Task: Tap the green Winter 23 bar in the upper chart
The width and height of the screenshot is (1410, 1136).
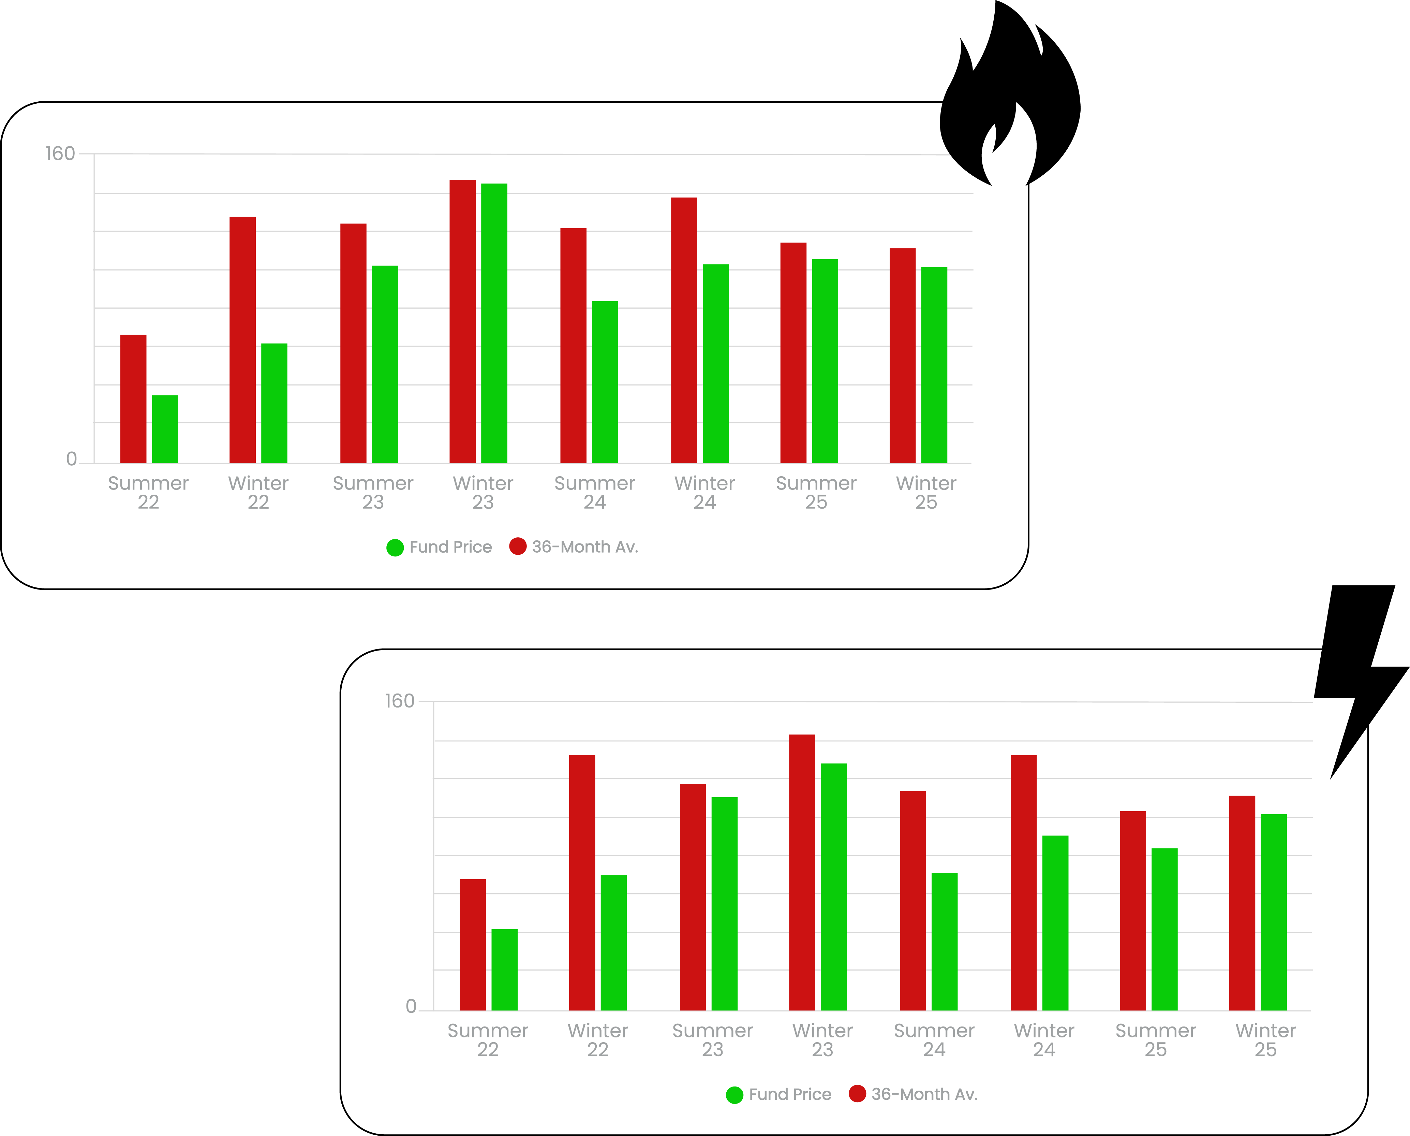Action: pyautogui.click(x=494, y=323)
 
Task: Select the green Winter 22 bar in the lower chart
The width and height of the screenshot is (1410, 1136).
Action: pyautogui.click(x=613, y=942)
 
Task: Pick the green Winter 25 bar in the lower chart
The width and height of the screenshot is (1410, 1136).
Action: pyautogui.click(x=1273, y=912)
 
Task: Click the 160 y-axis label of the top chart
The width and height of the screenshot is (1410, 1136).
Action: pyautogui.click(x=60, y=154)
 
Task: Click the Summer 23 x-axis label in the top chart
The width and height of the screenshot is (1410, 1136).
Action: pyautogui.click(x=373, y=493)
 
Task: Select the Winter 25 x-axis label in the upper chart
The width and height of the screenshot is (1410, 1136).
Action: pyautogui.click(x=925, y=493)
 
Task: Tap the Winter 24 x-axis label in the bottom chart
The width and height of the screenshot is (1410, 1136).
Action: pyautogui.click(x=1044, y=1040)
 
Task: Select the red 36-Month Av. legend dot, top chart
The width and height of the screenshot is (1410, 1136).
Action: pyautogui.click(x=517, y=547)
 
